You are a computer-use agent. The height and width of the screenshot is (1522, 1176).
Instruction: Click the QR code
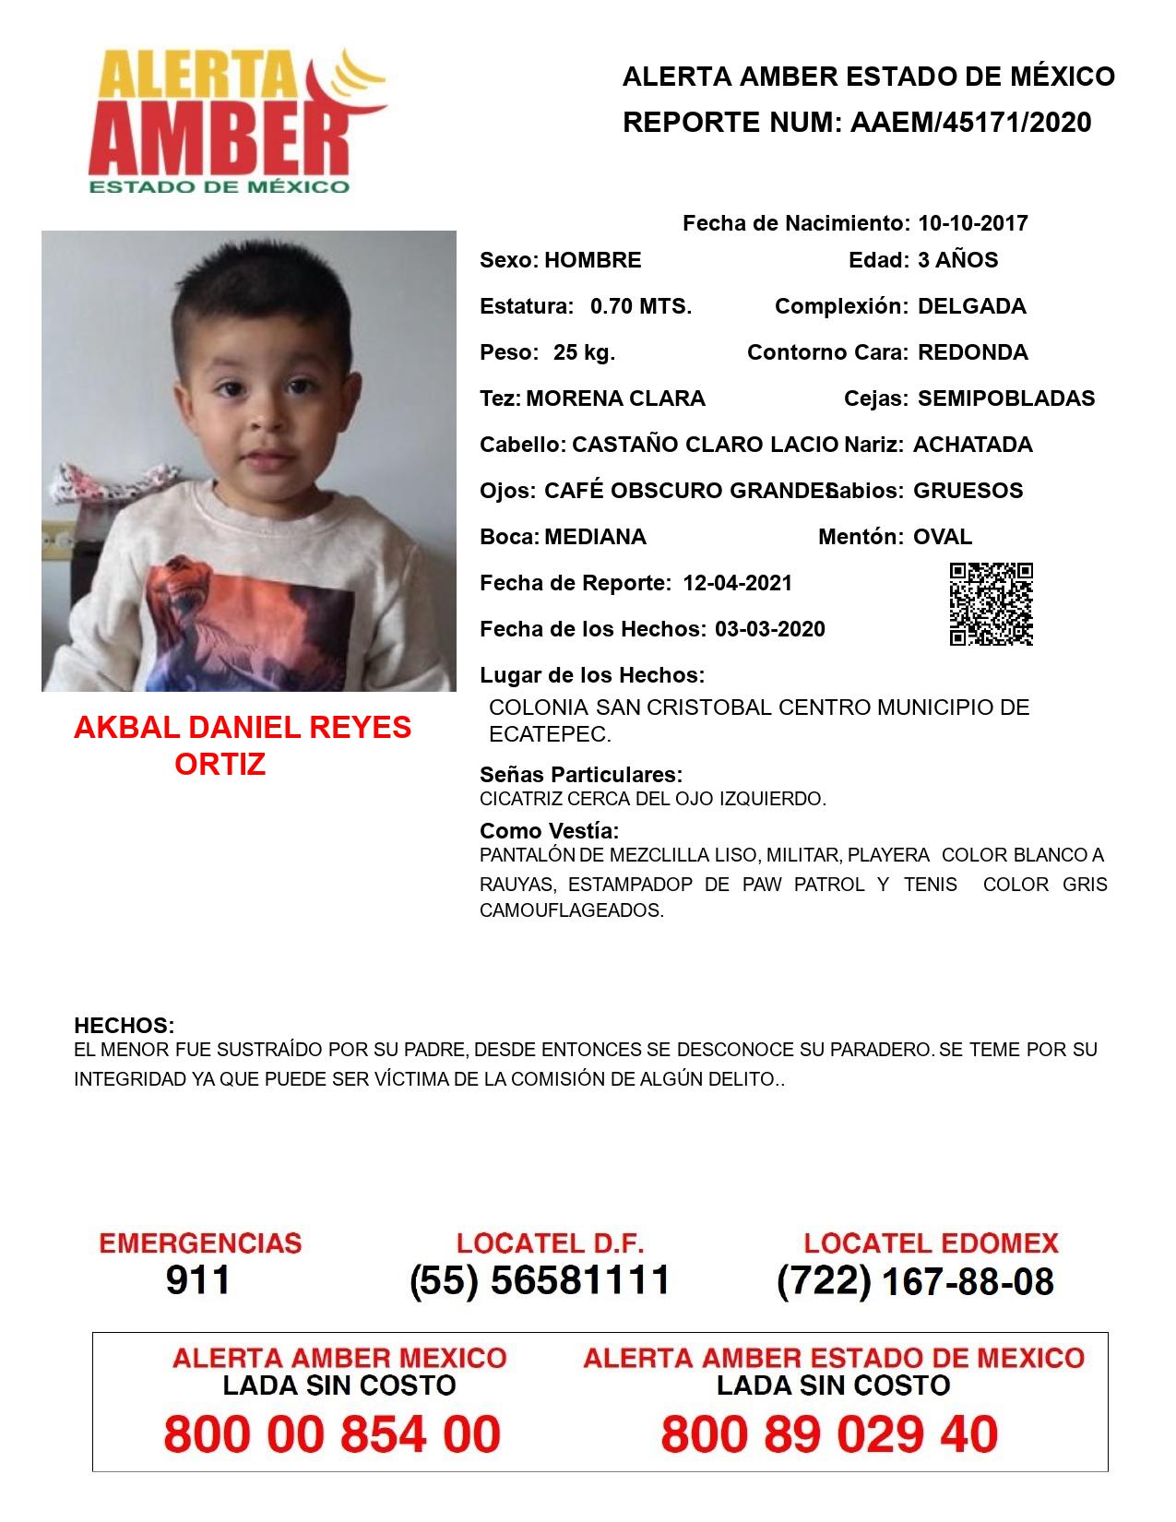point(992,604)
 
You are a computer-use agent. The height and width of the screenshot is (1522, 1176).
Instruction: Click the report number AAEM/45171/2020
point(970,123)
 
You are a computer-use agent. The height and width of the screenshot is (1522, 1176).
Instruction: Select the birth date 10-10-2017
point(972,223)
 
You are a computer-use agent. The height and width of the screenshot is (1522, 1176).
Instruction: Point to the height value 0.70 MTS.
point(641,306)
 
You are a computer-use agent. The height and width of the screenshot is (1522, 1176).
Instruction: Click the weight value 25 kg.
point(584,352)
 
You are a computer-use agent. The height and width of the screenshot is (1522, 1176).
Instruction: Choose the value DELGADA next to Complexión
point(971,306)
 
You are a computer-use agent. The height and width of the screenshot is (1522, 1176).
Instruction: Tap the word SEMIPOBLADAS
point(1006,398)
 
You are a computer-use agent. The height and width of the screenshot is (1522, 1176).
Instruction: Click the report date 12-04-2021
point(737,583)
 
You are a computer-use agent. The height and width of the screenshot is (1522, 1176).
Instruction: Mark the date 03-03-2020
point(769,629)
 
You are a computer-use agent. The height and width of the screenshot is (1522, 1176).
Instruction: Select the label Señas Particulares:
point(581,775)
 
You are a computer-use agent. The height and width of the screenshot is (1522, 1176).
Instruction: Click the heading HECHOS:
point(124,1026)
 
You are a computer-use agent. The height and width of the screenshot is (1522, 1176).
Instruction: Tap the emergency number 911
point(198,1280)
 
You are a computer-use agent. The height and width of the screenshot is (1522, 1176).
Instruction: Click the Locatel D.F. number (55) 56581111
point(540,1280)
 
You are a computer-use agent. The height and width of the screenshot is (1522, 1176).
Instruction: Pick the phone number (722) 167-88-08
point(915,1280)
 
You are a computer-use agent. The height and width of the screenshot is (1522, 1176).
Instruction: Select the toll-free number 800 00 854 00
point(332,1434)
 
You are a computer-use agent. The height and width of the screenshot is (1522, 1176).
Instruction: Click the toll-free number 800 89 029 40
point(829,1434)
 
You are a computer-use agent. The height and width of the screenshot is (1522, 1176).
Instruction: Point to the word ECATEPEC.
point(550,735)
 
